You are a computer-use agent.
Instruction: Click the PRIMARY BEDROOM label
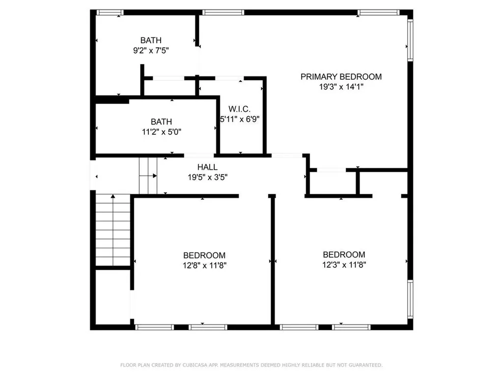341,77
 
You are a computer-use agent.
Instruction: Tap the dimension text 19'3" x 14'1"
341,87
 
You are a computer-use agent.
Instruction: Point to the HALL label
207,167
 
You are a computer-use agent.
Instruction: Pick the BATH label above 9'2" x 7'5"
151,40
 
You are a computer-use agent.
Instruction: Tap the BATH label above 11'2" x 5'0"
162,122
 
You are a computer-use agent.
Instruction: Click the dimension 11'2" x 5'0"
162,131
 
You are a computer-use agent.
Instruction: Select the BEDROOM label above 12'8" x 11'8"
204,255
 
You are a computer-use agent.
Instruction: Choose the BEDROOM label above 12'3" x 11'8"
344,254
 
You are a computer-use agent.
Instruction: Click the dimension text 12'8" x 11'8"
204,265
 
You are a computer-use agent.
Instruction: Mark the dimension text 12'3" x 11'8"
344,264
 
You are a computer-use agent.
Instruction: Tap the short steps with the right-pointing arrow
148,176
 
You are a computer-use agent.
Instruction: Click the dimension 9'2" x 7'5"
151,50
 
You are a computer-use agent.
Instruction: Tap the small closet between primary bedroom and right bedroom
331,183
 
